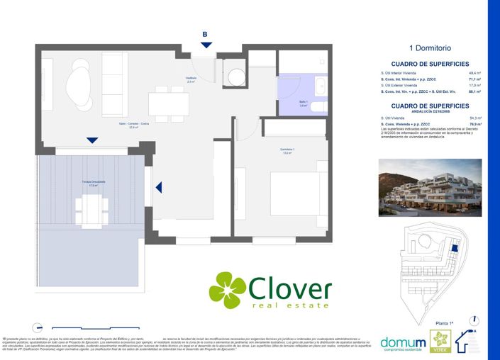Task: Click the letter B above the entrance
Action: click(x=205, y=33)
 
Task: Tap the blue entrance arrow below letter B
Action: click(x=206, y=45)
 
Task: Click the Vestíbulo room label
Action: click(x=191, y=80)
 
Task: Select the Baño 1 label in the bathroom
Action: click(x=303, y=103)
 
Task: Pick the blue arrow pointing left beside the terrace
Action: click(x=159, y=187)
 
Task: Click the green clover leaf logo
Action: click(x=227, y=291)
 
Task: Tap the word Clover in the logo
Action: click(x=290, y=288)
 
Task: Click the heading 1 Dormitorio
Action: click(x=430, y=49)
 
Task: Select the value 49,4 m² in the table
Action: click(x=475, y=73)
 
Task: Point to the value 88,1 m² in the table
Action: click(x=475, y=92)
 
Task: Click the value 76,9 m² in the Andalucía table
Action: click(x=475, y=124)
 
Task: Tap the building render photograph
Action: click(x=430, y=187)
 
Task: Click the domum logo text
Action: click(x=404, y=342)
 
